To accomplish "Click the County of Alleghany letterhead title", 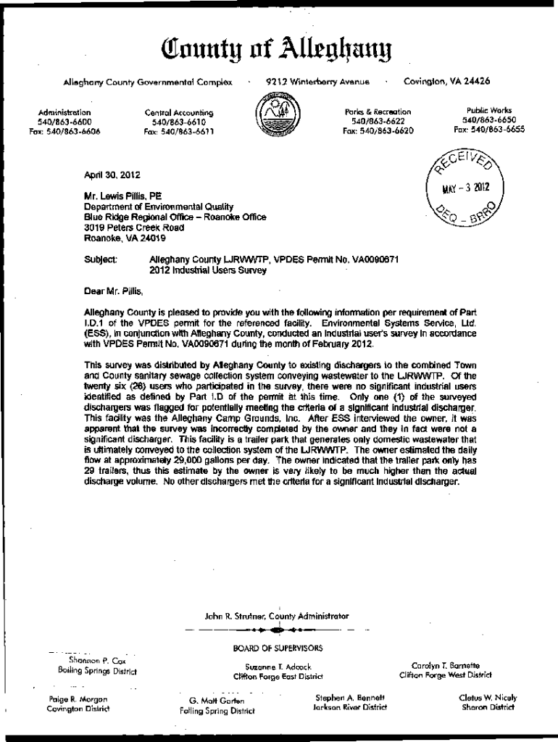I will [x=279, y=51].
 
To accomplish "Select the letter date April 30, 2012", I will [x=112, y=175].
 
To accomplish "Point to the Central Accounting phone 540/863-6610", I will [x=178, y=122].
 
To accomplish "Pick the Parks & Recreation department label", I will [x=378, y=112].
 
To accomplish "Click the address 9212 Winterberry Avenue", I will [x=317, y=81].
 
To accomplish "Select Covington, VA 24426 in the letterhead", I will [x=446, y=80].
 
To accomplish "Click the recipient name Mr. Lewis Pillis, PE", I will [x=123, y=196].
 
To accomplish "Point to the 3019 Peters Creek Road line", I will [x=124, y=228].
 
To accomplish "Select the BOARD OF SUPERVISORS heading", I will [x=278, y=648].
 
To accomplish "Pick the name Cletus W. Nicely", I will [x=488, y=698].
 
